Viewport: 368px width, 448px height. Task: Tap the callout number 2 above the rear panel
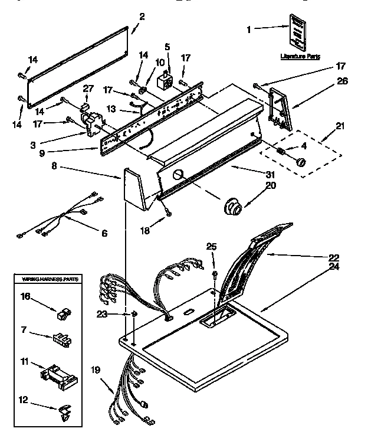coord(141,16)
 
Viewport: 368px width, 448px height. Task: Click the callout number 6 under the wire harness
coord(104,234)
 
